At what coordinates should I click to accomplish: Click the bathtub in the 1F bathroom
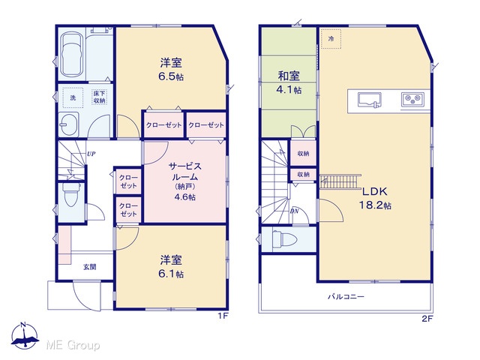coord(72,55)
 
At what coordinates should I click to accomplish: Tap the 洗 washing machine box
coord(73,97)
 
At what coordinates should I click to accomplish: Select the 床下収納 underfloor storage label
coord(99,97)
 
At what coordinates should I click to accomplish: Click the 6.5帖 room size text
coord(171,76)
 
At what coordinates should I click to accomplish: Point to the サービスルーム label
coord(185,172)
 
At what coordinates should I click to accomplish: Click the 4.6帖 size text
coord(185,197)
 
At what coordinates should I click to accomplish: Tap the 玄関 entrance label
coord(90,267)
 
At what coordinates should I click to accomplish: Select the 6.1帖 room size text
coord(171,274)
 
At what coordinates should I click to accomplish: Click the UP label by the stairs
coord(91,154)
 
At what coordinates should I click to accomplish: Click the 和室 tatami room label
coord(289,76)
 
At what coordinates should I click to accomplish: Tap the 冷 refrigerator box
coord(331,39)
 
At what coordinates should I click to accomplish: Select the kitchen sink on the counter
coord(370,100)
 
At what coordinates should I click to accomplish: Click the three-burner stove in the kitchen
coord(412,99)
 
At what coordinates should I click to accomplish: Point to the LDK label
coord(375,192)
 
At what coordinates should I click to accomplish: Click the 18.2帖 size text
coord(375,205)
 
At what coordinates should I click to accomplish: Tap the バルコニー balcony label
coord(346,297)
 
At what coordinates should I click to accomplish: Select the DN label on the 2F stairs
coord(294,211)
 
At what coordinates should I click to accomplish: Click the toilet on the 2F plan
coord(285,238)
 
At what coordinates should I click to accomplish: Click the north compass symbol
coord(25,336)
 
